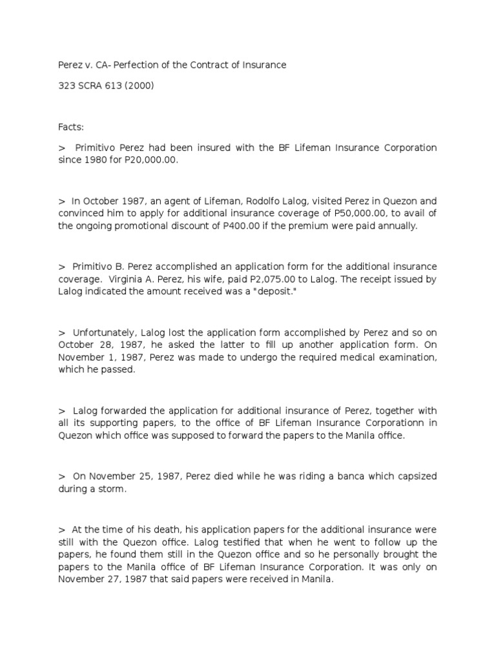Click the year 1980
pyautogui.click(x=98, y=159)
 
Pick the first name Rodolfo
pyautogui.click(x=272, y=201)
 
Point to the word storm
pyautogui.click(x=111, y=489)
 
